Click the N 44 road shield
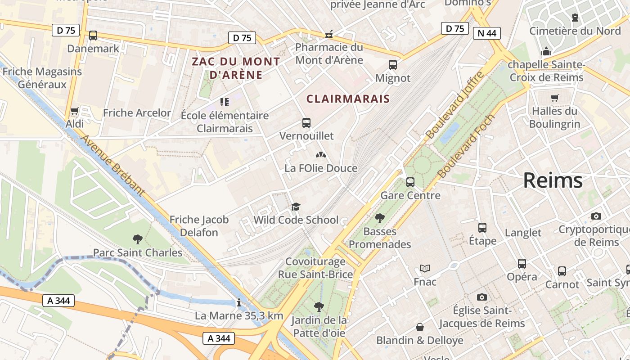coord(487,33)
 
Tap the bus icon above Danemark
coord(93,36)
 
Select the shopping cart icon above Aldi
coord(75,111)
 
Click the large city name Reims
coord(553,180)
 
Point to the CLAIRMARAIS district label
coord(348,99)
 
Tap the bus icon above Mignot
coord(393,65)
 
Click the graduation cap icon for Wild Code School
coord(296,207)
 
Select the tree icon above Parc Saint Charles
coord(138,239)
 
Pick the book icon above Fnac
coord(425,269)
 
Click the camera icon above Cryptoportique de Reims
coord(596,216)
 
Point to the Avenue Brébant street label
coord(112,165)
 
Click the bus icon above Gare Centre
coord(410,182)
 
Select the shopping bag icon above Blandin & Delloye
coord(420,327)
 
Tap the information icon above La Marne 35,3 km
coord(239,302)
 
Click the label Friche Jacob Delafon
coord(199,226)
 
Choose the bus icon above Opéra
coord(522,264)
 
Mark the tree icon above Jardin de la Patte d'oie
coord(319,307)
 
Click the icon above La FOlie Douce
coord(321,155)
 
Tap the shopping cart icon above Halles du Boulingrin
coord(555,98)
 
